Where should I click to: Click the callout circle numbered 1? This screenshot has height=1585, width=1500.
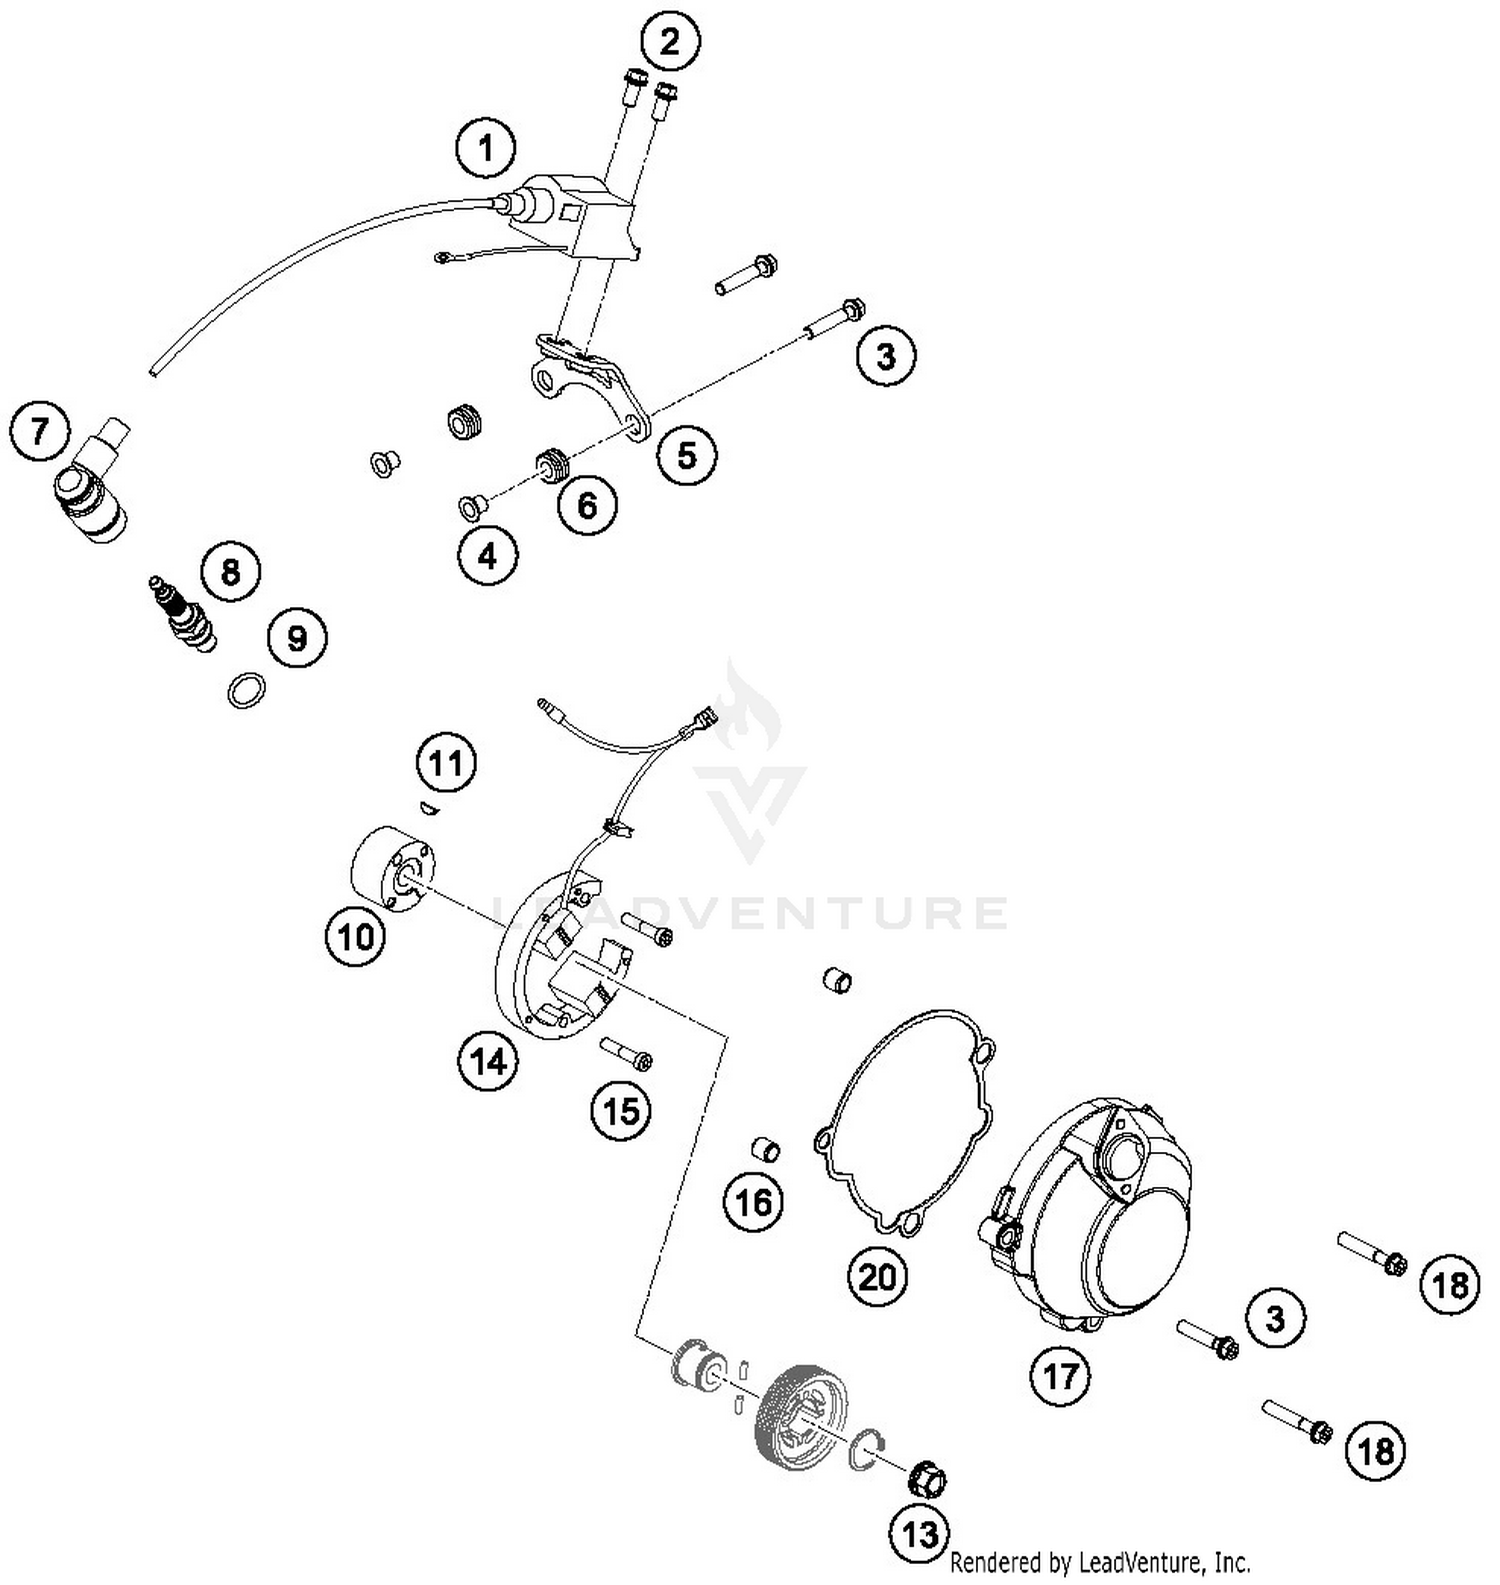click(486, 149)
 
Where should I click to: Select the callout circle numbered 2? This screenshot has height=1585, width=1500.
click(669, 42)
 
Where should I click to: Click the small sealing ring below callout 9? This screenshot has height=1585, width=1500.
click(247, 691)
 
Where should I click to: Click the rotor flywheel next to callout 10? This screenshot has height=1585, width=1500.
click(390, 870)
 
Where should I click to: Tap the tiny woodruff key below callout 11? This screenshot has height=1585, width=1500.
click(427, 806)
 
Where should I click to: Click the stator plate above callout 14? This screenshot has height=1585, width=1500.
click(560, 950)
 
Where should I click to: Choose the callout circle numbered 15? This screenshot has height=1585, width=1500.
click(621, 1110)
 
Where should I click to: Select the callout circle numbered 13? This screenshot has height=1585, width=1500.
click(919, 1533)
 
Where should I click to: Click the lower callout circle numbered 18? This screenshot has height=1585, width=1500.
click(1376, 1450)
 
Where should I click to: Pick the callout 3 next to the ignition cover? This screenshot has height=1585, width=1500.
click(1275, 1319)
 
